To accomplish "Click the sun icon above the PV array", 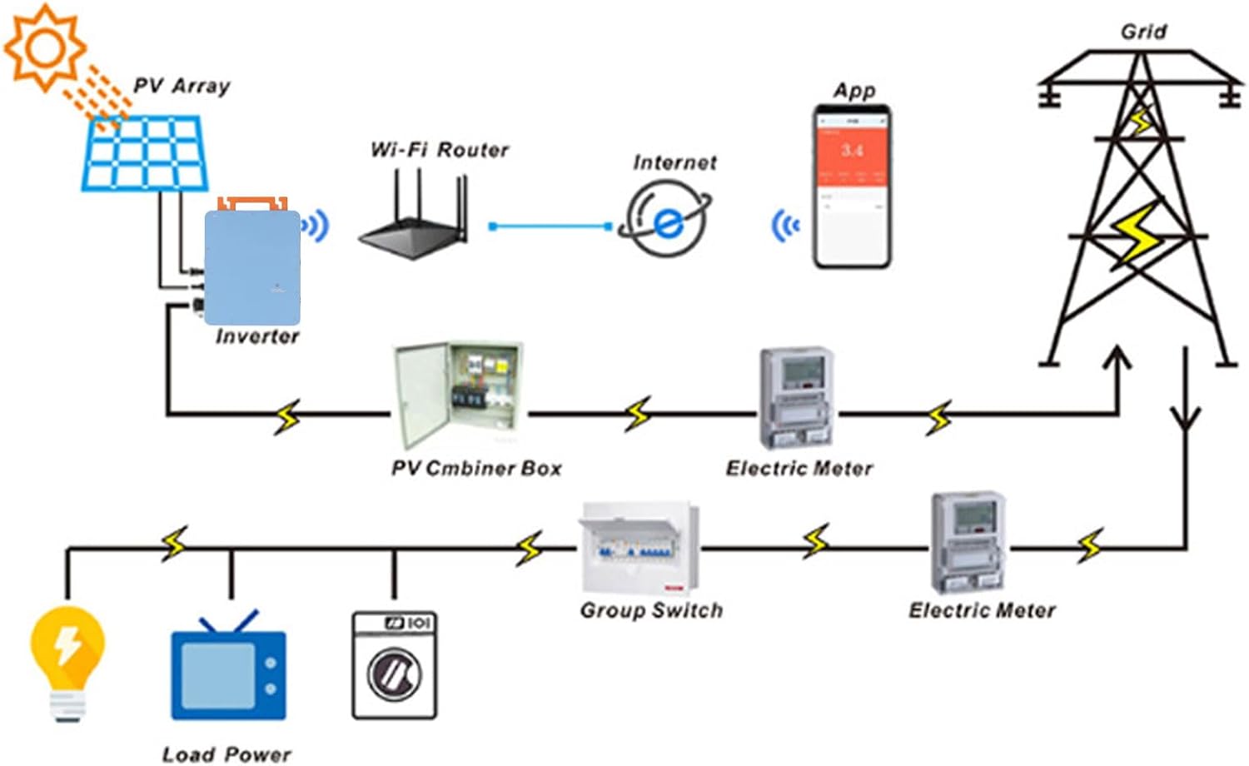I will tap(44, 47).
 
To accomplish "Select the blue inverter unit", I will tap(252, 266).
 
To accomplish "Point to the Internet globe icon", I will tap(666, 220).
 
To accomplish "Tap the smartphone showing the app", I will tap(852, 187).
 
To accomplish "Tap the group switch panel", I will tap(639, 546).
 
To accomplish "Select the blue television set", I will tap(228, 670).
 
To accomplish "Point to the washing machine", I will tap(394, 664).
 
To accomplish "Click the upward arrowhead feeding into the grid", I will tap(1117, 358).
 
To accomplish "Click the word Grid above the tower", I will tap(1142, 32).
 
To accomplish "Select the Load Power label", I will tap(226, 754).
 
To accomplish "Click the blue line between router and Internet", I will tap(550, 226).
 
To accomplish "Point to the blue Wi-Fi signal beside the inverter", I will tap(316, 225).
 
